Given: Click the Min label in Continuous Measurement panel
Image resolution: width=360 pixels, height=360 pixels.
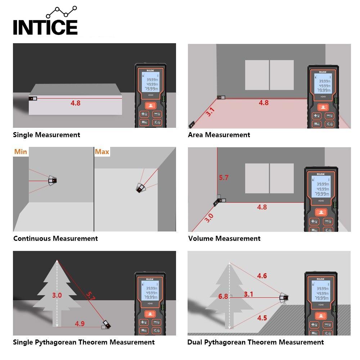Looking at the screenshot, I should point(21,152).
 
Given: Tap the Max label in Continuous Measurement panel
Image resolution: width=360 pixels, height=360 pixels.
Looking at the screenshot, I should point(102,152).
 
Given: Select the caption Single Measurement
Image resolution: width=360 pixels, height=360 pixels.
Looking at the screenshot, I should point(46,135).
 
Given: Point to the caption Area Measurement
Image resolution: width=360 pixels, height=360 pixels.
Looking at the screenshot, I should point(219,135).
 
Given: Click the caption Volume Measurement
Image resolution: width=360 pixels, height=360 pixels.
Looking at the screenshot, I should point(224,238).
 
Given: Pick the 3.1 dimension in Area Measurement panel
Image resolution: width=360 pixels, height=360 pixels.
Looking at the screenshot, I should point(210,112).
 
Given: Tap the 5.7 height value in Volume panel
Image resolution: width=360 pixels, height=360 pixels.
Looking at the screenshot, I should point(224,177).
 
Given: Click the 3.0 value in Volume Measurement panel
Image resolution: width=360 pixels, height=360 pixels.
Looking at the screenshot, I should point(209,218).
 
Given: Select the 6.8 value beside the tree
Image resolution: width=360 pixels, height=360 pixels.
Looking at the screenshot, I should point(223,297).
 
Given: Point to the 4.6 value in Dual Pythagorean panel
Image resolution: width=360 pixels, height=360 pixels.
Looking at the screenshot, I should point(262,276).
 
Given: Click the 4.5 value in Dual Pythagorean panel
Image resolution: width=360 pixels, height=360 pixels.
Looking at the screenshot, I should point(262,318).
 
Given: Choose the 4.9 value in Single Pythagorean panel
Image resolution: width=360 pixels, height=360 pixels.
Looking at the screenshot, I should point(80,324).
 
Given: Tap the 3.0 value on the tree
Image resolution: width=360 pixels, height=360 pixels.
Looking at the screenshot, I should point(57,296).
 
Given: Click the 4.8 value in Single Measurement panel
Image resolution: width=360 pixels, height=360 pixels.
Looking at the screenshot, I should point(75,103).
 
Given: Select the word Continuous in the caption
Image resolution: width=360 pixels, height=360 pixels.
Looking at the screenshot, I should point(32,238).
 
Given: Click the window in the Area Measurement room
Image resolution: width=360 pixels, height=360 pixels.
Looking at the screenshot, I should point(269,75).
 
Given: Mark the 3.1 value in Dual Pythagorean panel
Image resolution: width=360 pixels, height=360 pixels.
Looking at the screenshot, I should point(248,294).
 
